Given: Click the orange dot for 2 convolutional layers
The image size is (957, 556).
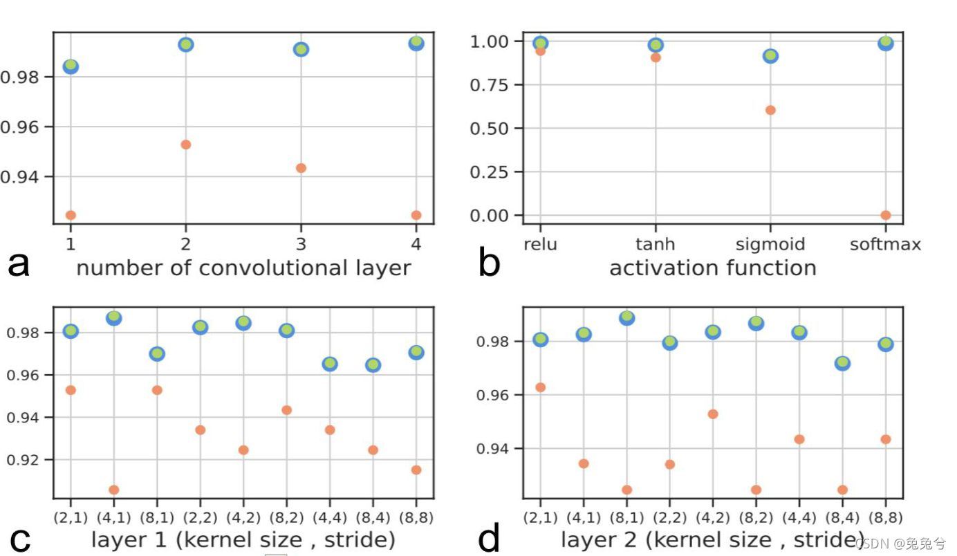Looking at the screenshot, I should click(185, 145).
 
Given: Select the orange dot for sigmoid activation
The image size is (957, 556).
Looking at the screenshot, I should click(770, 110).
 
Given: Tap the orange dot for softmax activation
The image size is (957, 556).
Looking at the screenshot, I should click(886, 215).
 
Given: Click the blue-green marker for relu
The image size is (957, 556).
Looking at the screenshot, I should click(541, 44).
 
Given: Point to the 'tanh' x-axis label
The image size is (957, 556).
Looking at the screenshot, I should click(655, 244).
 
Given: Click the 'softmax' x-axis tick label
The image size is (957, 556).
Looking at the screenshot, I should click(886, 244).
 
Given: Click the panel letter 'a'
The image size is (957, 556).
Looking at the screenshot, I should click(19, 265).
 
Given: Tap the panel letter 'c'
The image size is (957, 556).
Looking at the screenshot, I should click(19, 539).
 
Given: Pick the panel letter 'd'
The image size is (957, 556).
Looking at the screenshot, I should click(489, 539).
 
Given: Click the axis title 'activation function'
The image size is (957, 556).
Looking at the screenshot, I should click(712, 268).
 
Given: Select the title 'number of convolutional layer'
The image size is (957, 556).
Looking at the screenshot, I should click(243, 268).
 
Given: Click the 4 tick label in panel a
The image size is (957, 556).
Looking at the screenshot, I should click(416, 244).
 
